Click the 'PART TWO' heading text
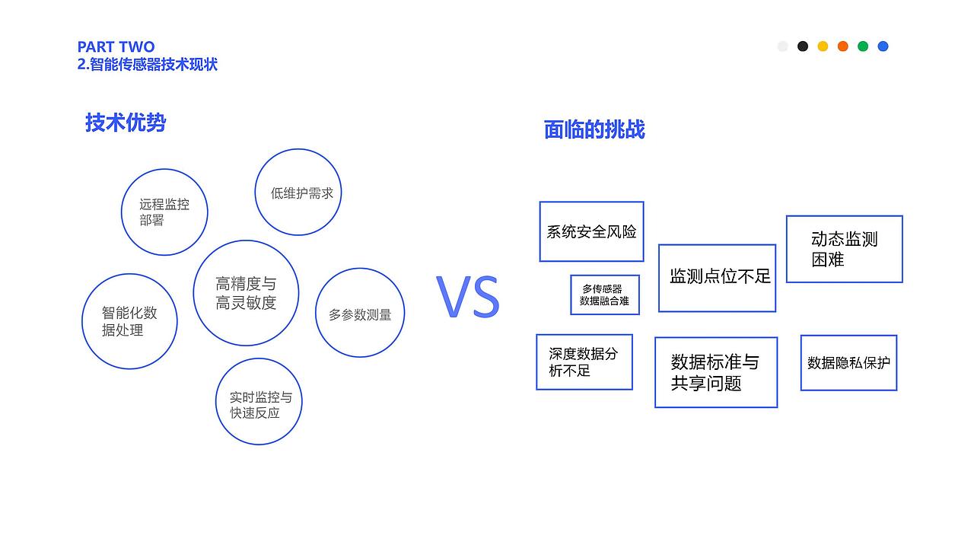coord(116,47)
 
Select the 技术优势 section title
coord(126,123)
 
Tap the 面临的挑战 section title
coord(594,129)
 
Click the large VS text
coord(468,298)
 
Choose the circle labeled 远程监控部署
coord(164,212)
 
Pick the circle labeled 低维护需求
coord(298,193)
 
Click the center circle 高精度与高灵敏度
coord(246,293)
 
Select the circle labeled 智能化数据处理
coord(129,321)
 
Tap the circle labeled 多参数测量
coord(360,314)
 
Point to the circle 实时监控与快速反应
coord(259,402)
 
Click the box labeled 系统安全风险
coord(591,231)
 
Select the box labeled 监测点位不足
coord(717,278)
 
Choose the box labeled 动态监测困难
coord(844,249)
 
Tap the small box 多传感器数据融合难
coord(605,295)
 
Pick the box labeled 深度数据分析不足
coord(584,362)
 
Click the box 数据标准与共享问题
coord(715,372)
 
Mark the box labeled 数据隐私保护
coord(848,363)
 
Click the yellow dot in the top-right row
coord(823,46)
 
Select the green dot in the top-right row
coord(863,46)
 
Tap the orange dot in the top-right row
coord(843,46)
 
